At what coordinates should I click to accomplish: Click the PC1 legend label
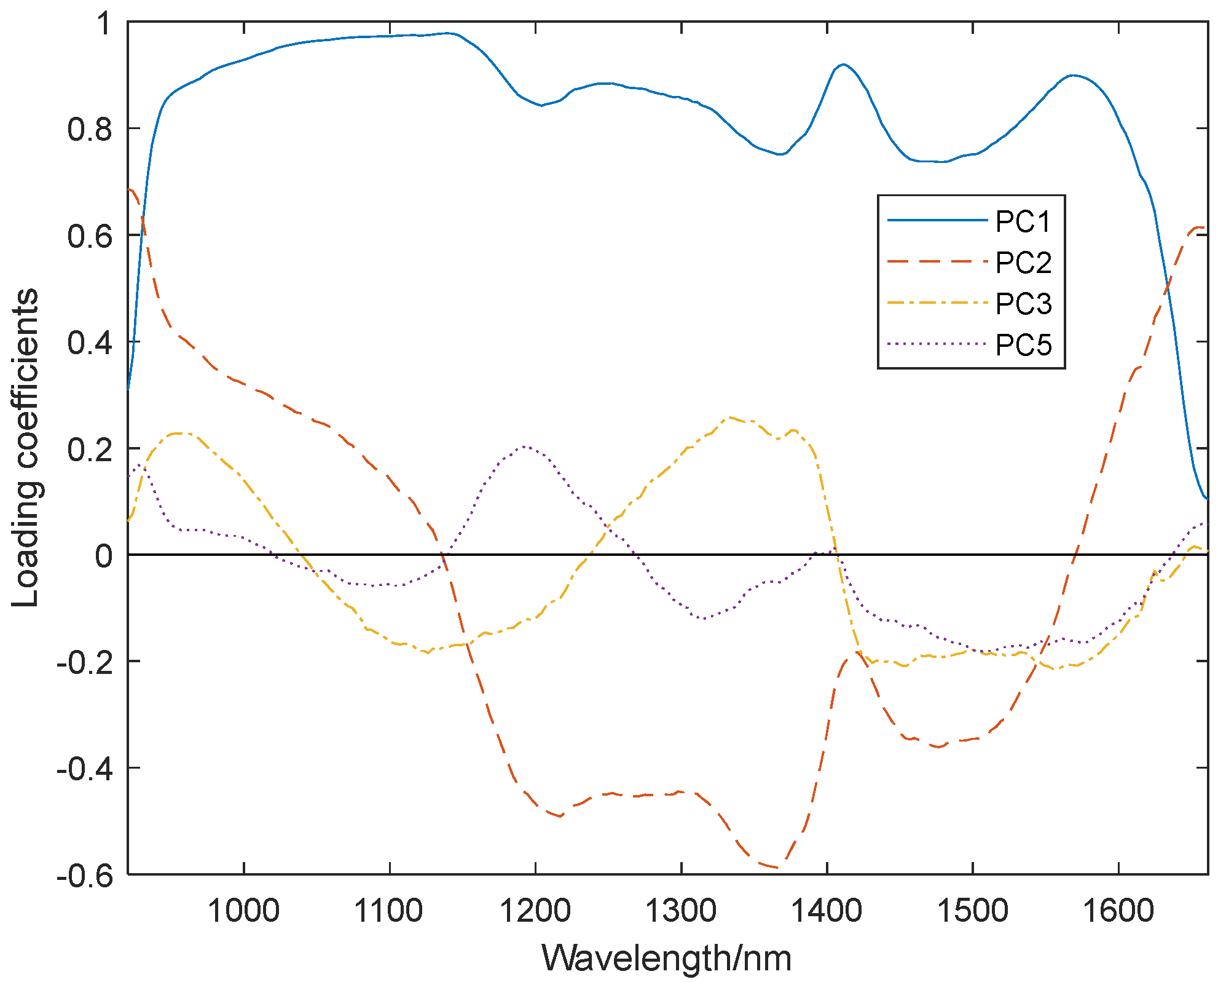click(x=1023, y=221)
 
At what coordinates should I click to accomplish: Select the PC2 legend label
click(x=1023, y=263)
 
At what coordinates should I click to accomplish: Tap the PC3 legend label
click(x=1023, y=304)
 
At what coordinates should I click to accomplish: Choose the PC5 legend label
click(x=1023, y=345)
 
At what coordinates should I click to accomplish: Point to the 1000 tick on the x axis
click(x=244, y=910)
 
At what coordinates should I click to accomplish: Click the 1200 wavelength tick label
click(x=535, y=910)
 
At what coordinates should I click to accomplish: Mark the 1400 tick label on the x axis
click(x=827, y=910)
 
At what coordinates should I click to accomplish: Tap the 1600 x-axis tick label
click(x=1118, y=910)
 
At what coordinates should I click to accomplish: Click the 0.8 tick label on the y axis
click(x=90, y=129)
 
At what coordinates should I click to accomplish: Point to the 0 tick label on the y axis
click(x=104, y=556)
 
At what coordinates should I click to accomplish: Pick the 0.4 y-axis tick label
click(x=90, y=343)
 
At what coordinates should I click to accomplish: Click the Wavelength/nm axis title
click(x=667, y=958)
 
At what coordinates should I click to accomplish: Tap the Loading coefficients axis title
click(x=26, y=448)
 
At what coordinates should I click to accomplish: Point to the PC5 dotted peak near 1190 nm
click(x=524, y=446)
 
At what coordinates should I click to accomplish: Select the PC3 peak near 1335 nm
click(x=729, y=417)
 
